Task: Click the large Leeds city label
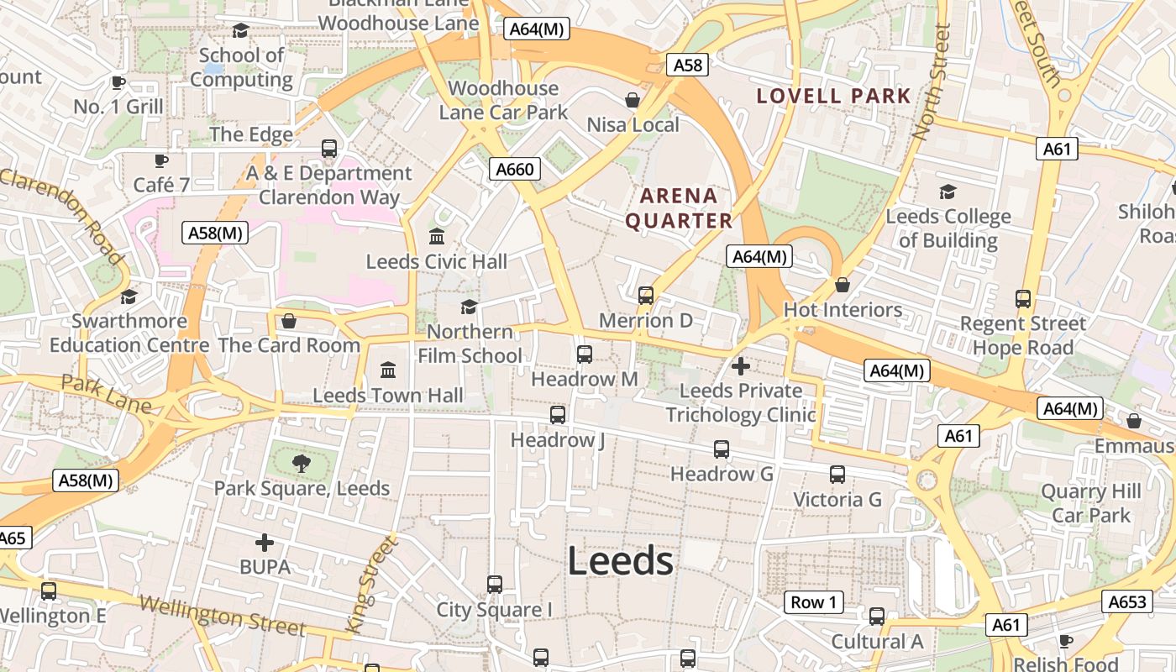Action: click(620, 561)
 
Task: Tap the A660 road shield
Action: click(515, 169)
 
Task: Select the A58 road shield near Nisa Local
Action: click(687, 65)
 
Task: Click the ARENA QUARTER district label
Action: click(679, 208)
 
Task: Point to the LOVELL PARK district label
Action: click(833, 96)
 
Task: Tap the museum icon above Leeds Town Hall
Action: click(388, 370)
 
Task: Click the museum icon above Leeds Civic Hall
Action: click(437, 236)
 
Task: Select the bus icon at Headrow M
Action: click(585, 354)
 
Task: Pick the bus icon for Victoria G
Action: click(837, 475)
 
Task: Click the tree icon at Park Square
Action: click(301, 463)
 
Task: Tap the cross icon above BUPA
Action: click(265, 543)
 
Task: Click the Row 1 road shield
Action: click(814, 602)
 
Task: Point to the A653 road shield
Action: click(1126, 601)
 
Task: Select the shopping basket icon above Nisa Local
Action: click(633, 100)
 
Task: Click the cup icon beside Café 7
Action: click(160, 160)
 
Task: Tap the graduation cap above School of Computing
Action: click(241, 31)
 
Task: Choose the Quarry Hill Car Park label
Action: click(1091, 502)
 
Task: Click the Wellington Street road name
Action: click(222, 616)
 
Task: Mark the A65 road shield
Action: click(13, 538)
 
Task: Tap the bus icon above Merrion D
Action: click(646, 295)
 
